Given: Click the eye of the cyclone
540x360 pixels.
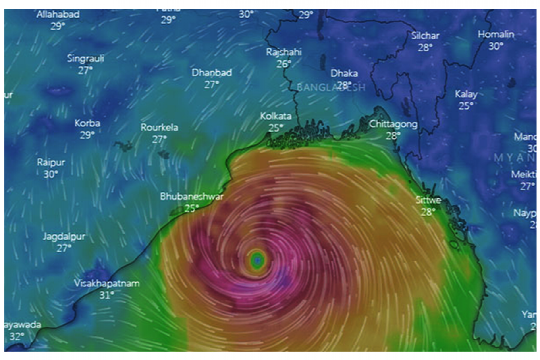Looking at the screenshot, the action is pos(257,260).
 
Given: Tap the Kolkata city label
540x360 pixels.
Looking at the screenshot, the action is pos(276,116).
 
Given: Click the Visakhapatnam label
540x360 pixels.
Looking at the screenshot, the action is pos(106,283).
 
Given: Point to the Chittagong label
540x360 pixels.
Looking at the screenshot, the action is pos(393,124).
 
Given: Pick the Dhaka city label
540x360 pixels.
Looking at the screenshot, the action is pos(344,73).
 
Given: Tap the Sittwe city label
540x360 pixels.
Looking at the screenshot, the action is pos(428,200).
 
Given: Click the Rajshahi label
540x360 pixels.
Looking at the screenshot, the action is pos(284,52).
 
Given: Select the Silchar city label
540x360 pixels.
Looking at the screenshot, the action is pos(425,35).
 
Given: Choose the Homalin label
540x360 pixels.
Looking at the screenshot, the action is pos(496,34).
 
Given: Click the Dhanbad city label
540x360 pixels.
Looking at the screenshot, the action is pos(212,73).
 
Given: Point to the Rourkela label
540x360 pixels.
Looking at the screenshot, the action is pos(159,127).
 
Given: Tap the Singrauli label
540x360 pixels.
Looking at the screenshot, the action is pos(86,58).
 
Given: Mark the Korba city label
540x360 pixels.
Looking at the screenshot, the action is pos(87,123).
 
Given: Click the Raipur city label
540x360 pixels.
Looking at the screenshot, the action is pos(51,162).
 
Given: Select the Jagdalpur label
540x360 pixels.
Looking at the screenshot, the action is pos(64,236).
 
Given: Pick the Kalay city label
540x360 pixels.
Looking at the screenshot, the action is pos(466,94).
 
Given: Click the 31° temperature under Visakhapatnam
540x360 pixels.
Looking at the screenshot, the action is pos(107,295).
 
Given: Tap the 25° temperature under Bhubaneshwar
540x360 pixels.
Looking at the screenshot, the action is pos(191,208).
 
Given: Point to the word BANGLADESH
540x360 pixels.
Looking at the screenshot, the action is pos(331,88).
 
